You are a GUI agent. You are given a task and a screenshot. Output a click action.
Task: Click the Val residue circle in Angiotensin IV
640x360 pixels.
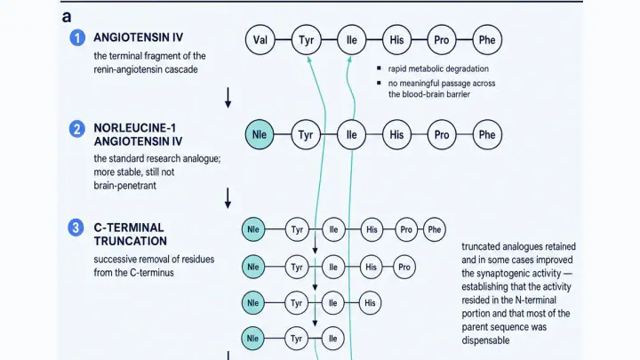[260, 40]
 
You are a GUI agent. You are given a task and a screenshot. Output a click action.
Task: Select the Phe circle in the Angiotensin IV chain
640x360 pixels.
[487, 40]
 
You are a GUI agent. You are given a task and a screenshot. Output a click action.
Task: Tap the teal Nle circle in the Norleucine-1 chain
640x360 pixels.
[260, 135]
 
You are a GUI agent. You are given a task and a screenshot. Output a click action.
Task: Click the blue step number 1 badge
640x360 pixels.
[77, 38]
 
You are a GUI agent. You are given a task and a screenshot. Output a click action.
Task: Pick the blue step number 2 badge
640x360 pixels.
[76, 129]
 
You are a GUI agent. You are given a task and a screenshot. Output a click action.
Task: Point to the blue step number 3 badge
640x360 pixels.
[76, 228]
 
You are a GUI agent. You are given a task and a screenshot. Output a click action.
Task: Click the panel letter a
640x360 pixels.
[67, 17]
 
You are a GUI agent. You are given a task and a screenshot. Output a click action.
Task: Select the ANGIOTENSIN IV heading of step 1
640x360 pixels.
[139, 37]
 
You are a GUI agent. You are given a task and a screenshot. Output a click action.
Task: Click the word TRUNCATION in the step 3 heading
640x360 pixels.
[130, 241]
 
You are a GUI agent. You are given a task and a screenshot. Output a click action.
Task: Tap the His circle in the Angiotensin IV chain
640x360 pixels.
[396, 40]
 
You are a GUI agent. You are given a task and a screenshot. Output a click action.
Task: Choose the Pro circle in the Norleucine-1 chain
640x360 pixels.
[442, 135]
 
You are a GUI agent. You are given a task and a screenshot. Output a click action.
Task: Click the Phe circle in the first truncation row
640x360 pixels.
[435, 229]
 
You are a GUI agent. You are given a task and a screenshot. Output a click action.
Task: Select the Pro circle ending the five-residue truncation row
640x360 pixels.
[404, 268]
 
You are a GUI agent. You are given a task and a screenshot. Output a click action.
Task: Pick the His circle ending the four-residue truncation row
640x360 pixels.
[370, 303]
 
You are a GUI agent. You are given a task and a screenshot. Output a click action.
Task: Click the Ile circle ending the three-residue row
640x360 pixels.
[333, 339]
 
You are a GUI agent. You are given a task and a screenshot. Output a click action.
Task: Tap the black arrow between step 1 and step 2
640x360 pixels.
[228, 98]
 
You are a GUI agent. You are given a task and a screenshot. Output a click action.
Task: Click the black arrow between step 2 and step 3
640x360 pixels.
[228, 198]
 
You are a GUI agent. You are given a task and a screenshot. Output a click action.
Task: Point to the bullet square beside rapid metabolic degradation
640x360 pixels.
[379, 68]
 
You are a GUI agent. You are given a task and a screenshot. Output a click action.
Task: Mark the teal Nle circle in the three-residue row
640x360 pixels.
[253, 339]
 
